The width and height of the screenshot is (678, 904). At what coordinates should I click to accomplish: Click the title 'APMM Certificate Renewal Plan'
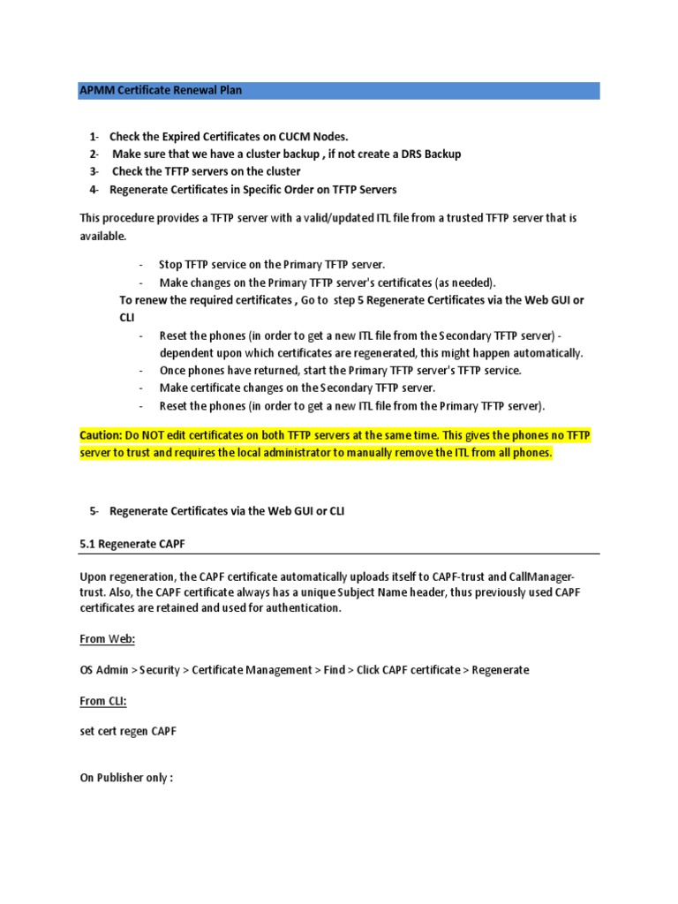click(x=161, y=90)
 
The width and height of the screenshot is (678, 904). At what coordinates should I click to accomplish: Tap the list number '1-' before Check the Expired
click(x=94, y=137)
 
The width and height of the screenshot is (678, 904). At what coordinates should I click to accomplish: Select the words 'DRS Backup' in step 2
click(x=431, y=154)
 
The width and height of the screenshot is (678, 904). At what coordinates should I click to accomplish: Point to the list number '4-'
click(x=94, y=190)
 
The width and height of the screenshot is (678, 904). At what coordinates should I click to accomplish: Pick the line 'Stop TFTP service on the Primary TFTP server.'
click(x=272, y=265)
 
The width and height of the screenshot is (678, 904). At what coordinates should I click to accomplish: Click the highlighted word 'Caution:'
click(x=102, y=435)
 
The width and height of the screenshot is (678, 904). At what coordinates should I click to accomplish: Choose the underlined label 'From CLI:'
click(x=103, y=701)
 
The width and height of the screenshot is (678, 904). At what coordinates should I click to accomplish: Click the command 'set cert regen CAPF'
click(x=128, y=732)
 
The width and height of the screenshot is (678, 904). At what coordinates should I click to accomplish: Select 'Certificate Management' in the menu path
click(x=248, y=670)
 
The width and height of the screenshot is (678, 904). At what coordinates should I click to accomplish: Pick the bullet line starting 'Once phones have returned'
click(x=340, y=371)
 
